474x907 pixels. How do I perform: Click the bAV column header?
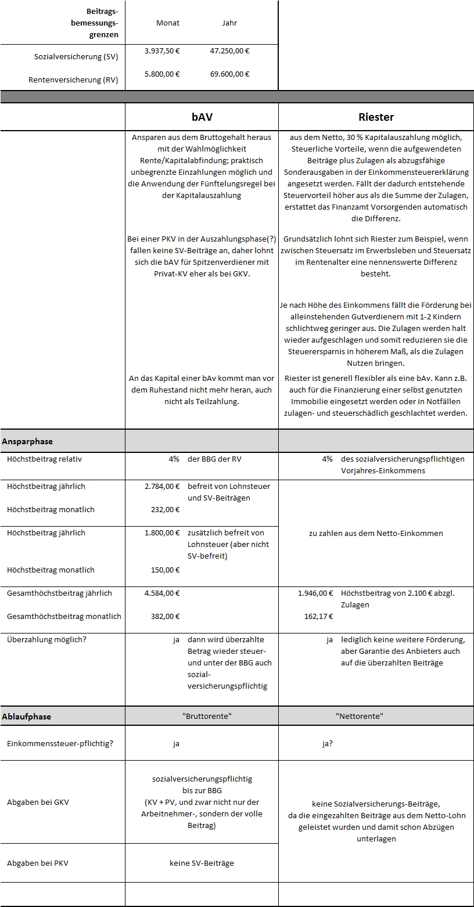(x=202, y=117)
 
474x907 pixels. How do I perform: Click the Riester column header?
(x=376, y=117)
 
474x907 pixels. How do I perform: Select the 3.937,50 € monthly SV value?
(x=162, y=51)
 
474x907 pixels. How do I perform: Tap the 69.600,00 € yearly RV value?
(x=229, y=74)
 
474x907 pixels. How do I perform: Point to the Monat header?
(x=168, y=23)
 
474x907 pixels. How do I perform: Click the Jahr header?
(x=229, y=23)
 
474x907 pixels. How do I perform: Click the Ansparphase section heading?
(x=27, y=441)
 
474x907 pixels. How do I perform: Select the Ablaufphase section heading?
(x=27, y=717)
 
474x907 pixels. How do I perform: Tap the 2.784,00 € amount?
(x=162, y=486)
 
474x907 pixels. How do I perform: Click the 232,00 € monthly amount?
(x=166, y=509)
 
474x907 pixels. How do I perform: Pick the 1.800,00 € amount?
(x=162, y=532)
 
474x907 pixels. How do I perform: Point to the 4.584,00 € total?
(x=162, y=593)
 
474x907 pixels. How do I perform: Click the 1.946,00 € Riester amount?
(x=315, y=593)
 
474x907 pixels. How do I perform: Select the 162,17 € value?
(x=319, y=616)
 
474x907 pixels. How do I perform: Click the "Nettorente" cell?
(x=360, y=716)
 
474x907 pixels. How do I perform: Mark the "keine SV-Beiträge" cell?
(x=202, y=863)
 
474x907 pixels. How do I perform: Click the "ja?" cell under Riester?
(x=328, y=743)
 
